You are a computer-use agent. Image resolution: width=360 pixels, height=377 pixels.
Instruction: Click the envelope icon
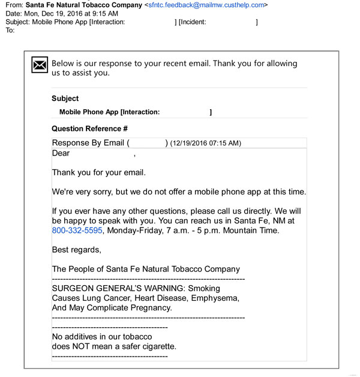[x=40, y=65]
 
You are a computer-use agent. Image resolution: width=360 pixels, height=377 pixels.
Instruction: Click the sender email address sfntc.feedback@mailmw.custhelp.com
[x=206, y=5]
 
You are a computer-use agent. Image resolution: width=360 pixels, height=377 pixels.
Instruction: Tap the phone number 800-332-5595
[x=77, y=231]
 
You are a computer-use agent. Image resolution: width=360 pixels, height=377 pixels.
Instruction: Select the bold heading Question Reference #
[x=89, y=128]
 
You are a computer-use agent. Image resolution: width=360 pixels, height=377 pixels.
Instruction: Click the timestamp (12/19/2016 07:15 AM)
[x=205, y=143]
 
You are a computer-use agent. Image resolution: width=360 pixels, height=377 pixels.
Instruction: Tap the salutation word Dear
[x=61, y=153]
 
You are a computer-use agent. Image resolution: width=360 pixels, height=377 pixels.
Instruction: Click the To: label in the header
[x=10, y=30]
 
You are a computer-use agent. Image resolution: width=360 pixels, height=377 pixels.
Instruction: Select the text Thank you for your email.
[x=99, y=172]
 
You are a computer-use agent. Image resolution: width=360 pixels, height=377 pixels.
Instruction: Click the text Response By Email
[x=88, y=143]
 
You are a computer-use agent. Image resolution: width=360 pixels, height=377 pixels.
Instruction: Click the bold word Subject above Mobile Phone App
[x=65, y=98]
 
